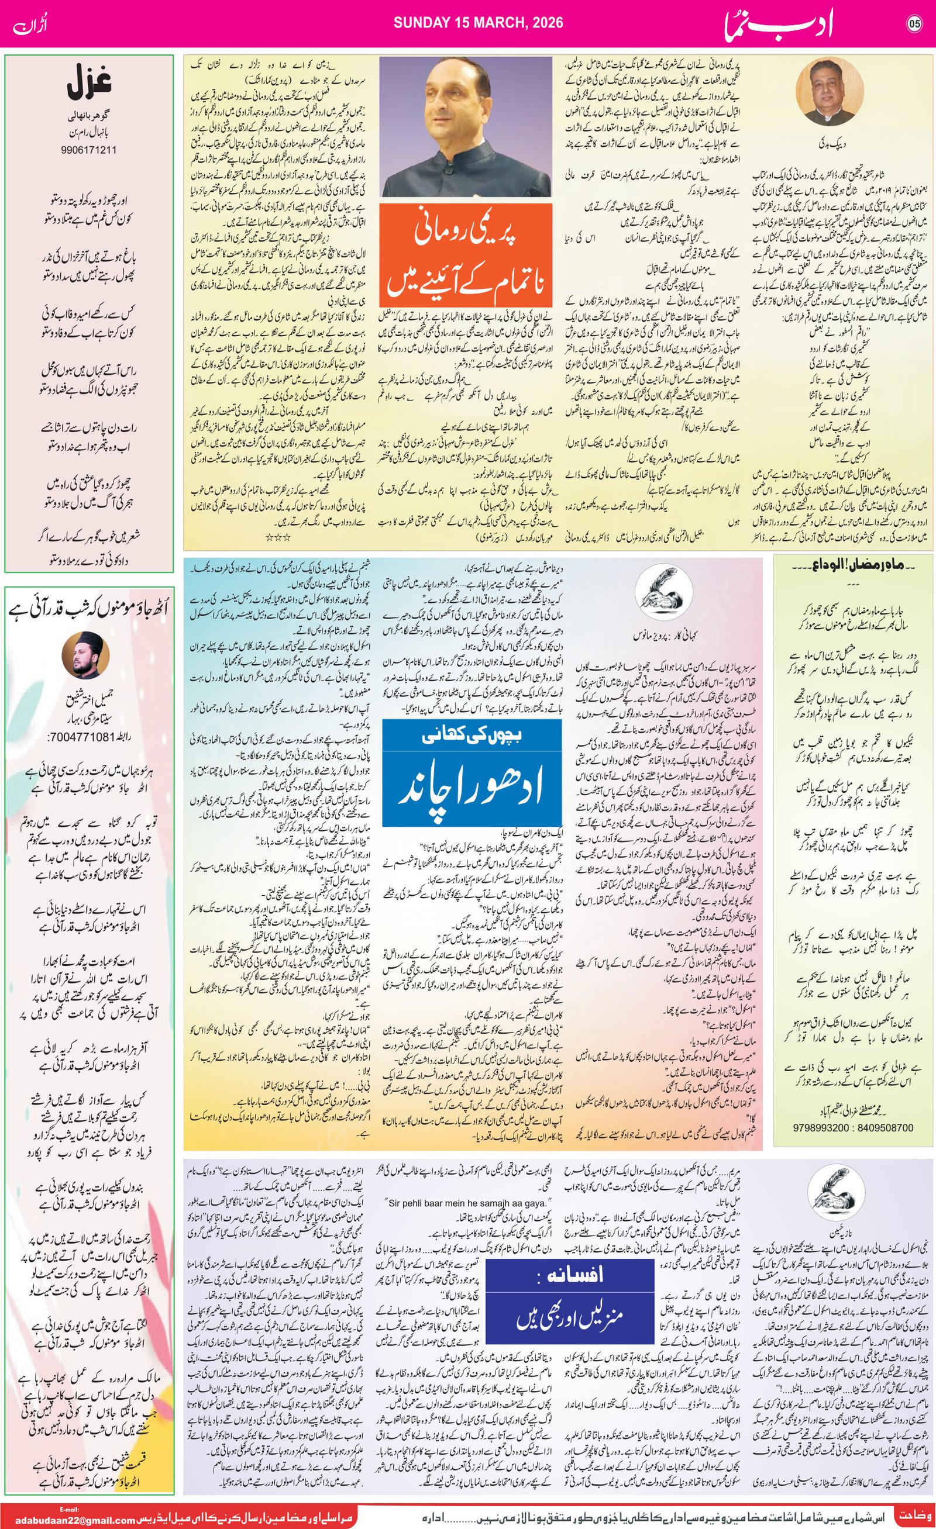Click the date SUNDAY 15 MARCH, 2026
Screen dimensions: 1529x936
[479, 23]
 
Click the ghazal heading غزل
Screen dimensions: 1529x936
[89, 85]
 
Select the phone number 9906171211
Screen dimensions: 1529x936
[89, 150]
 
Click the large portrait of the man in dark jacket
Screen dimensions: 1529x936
[465, 127]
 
